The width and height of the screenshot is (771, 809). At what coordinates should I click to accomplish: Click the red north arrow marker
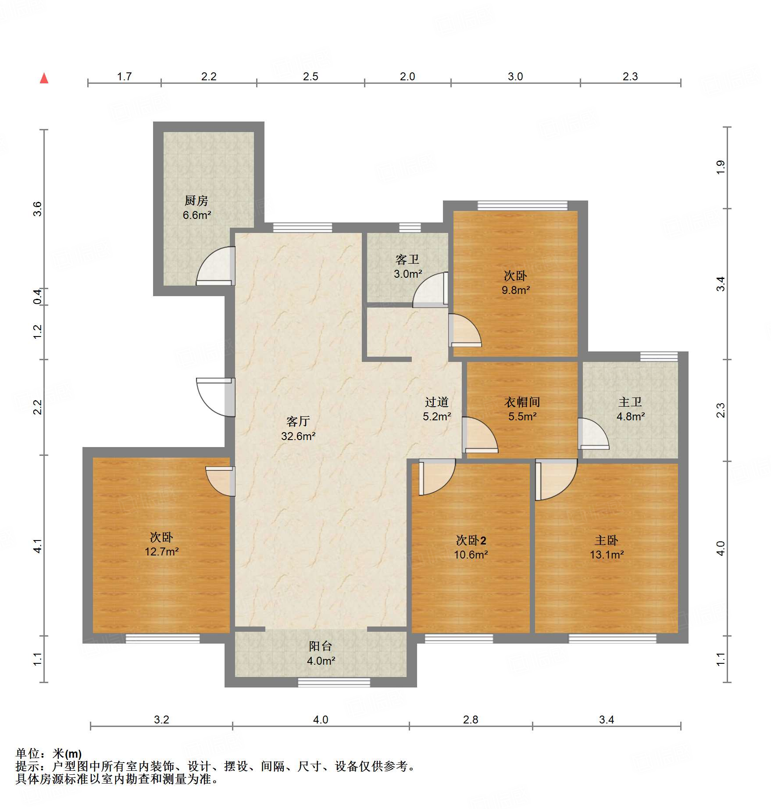pos(44,78)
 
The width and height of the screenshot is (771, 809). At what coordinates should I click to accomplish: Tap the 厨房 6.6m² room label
pos(196,208)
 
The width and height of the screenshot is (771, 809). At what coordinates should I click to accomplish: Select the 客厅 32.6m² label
pos(298,429)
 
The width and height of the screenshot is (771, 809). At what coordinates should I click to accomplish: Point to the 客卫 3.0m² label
pos(407,267)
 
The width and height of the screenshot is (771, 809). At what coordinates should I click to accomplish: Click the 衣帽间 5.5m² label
pos(522,409)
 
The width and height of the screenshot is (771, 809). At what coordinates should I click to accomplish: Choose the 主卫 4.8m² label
pos(630,409)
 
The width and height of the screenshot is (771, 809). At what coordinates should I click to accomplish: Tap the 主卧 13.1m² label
pos(607,547)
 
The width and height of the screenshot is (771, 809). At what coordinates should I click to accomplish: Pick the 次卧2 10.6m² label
pos(471,547)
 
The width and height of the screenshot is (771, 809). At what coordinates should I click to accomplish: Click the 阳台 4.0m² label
pos(321,653)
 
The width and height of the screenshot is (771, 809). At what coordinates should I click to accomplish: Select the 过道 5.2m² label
pos(437,409)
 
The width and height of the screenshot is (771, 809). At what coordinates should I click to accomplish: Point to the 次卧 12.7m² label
pos(161,544)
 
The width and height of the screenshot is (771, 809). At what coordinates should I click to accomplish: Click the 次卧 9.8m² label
pos(515,283)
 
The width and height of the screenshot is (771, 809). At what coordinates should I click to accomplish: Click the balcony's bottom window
pos(334,682)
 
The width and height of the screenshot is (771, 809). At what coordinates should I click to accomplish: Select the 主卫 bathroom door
pos(594,434)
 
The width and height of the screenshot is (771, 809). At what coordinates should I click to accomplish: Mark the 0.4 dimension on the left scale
pos(38,297)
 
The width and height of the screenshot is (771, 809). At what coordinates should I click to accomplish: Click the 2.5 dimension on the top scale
pos(311,76)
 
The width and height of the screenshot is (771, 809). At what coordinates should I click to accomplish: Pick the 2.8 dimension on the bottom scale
pos(471,720)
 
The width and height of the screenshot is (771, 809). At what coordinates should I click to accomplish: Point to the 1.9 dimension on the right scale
pos(721,167)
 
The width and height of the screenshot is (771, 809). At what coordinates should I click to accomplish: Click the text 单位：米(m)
pos(49,754)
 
